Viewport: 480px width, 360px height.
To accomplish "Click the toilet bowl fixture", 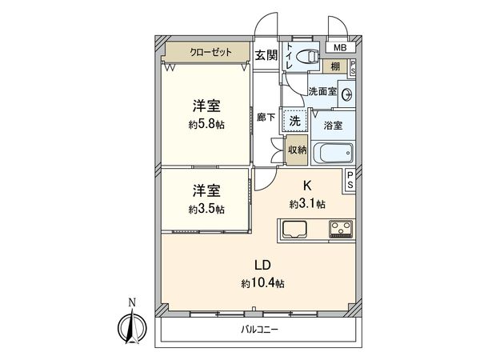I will tap(306, 56).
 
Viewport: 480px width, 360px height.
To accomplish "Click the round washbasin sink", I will tap(346, 94).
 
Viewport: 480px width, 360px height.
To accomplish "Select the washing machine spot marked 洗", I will tap(294, 121).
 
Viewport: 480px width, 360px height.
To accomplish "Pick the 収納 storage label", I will tap(296, 150).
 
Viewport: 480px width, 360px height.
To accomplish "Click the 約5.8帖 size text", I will tap(206, 125).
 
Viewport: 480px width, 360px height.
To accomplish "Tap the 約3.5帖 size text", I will tap(206, 209).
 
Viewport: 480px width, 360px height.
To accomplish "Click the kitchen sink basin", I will tap(294, 230).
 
